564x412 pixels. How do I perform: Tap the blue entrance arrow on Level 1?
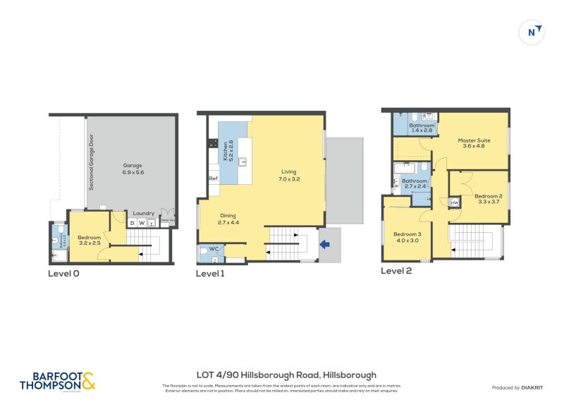tap(325, 245)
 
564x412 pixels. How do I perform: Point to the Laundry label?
tap(144, 213)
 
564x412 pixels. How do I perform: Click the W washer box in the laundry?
tap(142, 224)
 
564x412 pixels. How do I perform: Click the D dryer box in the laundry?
tap(132, 224)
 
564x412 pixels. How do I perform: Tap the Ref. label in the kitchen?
tap(214, 178)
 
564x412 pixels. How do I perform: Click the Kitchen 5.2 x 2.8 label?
tap(228, 151)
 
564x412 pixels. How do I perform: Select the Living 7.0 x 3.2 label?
tap(289, 176)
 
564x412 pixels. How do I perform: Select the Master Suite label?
tap(476, 143)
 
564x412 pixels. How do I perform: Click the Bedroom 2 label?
tap(488, 198)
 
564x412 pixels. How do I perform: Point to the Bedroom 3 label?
tap(407, 237)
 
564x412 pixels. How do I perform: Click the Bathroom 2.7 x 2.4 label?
tap(414, 183)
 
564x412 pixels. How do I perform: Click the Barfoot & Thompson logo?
tap(57, 381)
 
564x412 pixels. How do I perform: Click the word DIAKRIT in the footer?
tap(530, 388)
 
